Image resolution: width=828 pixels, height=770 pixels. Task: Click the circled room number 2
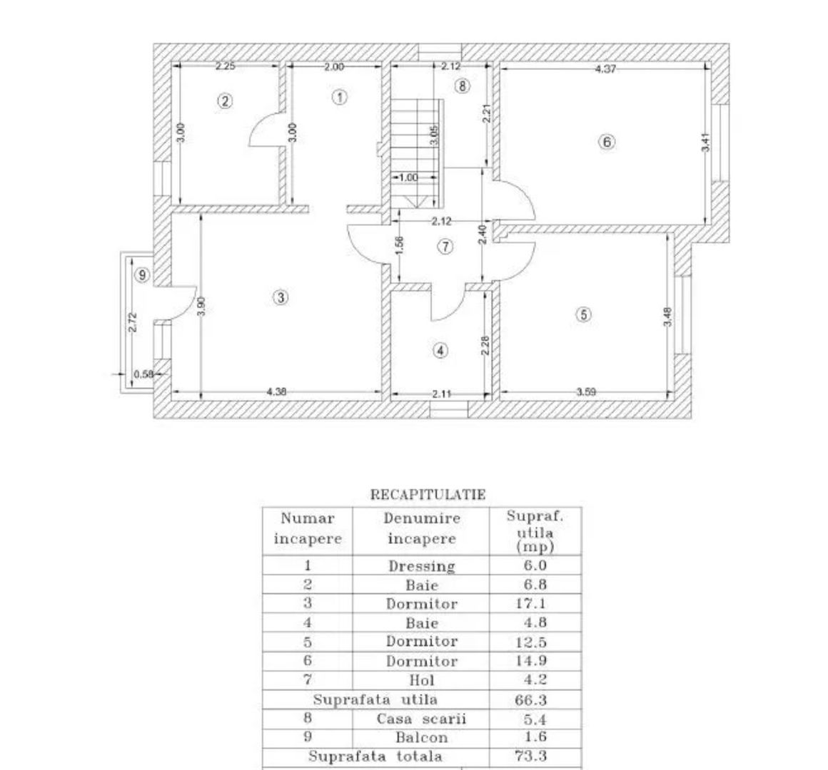226,101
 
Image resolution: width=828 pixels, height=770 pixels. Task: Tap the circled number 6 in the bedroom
606,142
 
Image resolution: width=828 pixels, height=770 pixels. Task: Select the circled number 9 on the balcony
142,274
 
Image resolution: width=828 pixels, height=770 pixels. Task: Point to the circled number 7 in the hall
445,247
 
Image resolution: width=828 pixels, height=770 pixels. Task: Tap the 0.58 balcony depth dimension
143,374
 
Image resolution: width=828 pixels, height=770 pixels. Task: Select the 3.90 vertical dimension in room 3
201,305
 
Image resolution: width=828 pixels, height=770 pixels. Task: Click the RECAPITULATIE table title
428,494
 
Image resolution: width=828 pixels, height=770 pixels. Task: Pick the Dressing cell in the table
421,566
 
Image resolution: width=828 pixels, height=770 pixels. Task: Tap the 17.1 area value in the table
530,604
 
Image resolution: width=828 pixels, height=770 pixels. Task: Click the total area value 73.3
530,756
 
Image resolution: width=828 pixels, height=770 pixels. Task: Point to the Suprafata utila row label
375,699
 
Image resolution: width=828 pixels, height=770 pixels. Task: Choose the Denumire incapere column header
421,528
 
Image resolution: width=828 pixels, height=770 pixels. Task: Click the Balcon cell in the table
421,737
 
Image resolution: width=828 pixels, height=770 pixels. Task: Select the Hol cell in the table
421,680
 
